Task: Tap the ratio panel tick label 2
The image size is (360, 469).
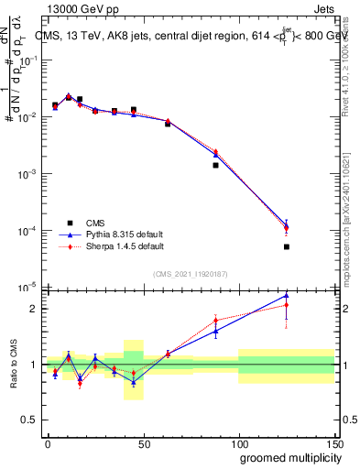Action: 34,309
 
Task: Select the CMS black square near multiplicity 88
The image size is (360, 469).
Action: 215,165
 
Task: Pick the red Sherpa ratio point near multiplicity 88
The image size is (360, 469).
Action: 215,321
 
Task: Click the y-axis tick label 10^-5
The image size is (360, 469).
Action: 30,288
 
